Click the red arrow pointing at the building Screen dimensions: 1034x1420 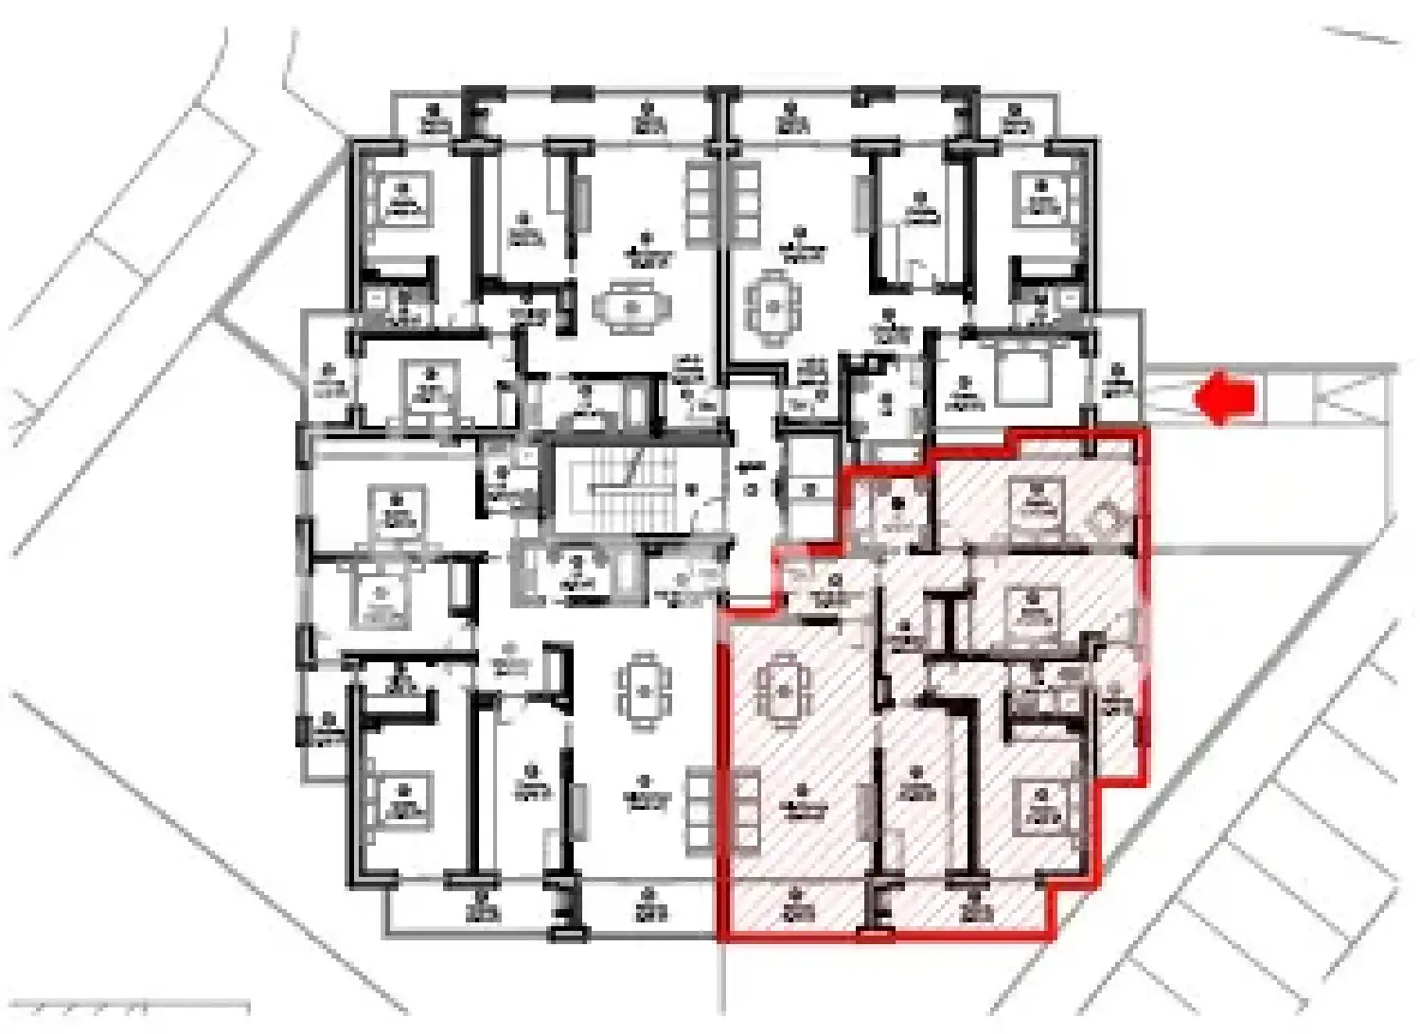coord(1225,397)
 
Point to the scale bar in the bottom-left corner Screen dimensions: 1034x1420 coord(133,1007)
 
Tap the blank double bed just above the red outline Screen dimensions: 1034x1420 coord(1028,373)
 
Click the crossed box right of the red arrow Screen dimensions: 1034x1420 coord(1352,395)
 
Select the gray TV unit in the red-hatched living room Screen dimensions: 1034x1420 coord(864,811)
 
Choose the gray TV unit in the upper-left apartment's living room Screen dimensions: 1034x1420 coord(580,201)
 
